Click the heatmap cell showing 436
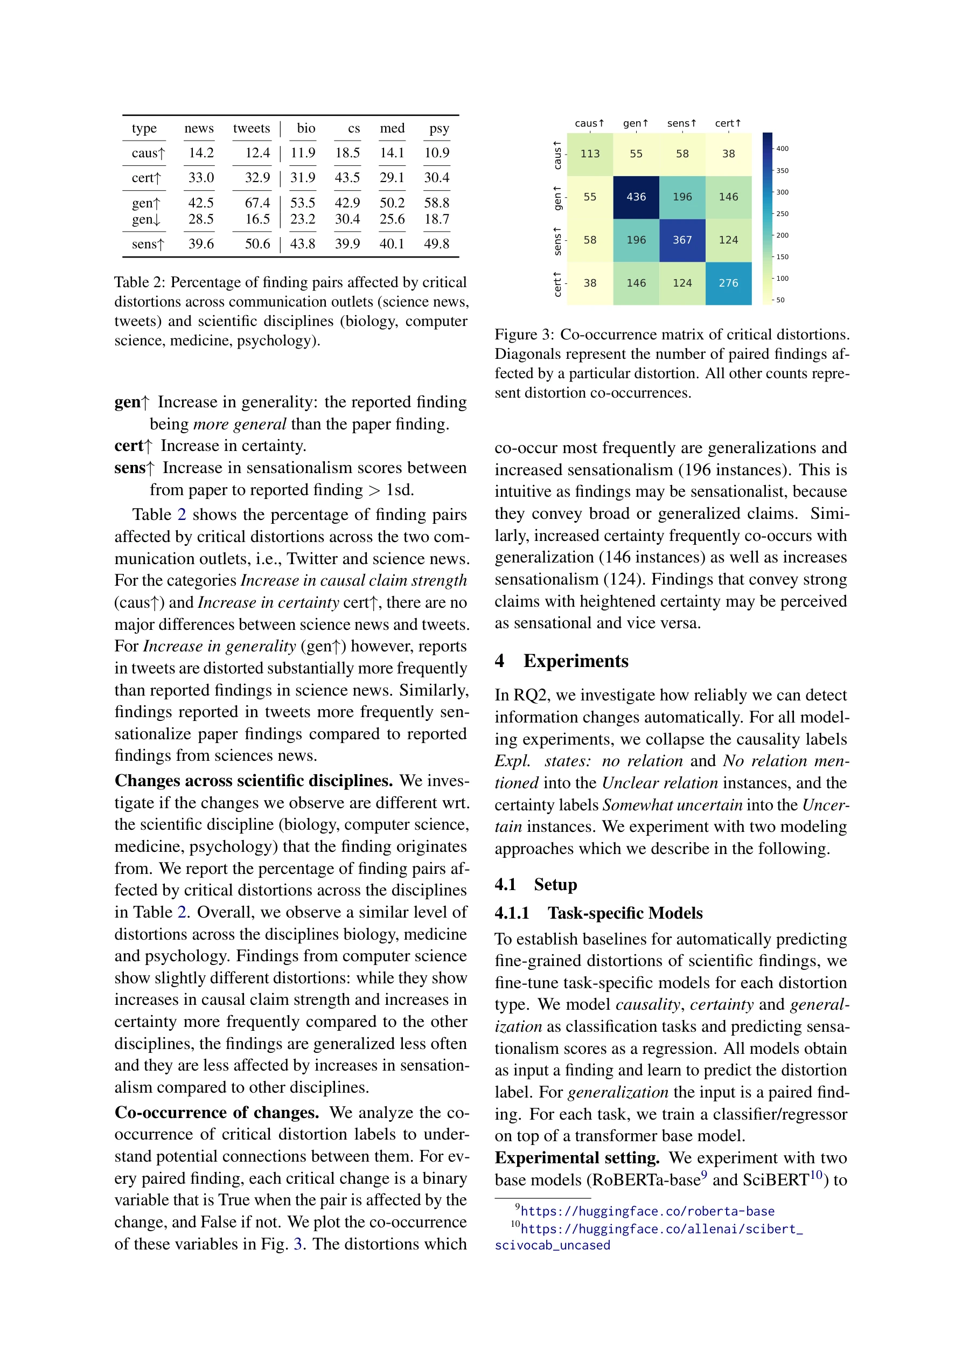click(636, 197)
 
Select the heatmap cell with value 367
click(682, 240)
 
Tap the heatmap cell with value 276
click(728, 283)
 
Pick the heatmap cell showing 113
click(590, 154)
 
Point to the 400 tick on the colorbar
click(782, 149)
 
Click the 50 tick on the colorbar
click(780, 300)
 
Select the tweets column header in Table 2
click(252, 128)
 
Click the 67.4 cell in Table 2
click(257, 203)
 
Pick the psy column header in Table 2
click(438, 128)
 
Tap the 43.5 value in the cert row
click(347, 178)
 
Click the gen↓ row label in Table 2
click(146, 219)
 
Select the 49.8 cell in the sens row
click(436, 244)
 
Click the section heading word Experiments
click(576, 661)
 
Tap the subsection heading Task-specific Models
click(625, 913)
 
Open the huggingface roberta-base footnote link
click(647, 1211)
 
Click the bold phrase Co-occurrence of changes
click(217, 1113)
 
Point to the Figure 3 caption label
click(524, 335)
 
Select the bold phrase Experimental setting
click(577, 1158)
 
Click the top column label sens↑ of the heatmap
click(681, 123)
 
